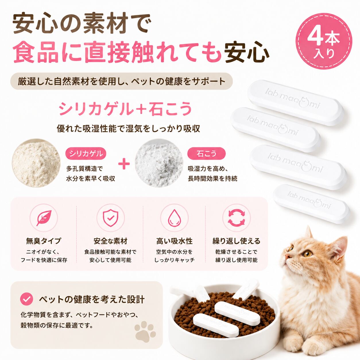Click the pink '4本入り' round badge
pos(324,41)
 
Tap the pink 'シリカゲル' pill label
pos(86,154)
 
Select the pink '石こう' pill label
pos(206,154)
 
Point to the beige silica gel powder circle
pos(36,163)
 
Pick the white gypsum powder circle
pos(159,163)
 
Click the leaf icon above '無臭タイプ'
pos(44,218)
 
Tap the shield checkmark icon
pos(111,218)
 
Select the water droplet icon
pos(174,218)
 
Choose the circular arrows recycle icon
pos(236,218)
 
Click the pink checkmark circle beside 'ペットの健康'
pos(26,299)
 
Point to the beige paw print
pos(145,332)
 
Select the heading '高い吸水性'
pos(174,241)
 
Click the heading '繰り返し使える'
pos(236,241)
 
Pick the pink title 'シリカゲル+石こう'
pos(125,109)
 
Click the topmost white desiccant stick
pos(296,102)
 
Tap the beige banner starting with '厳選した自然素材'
pos(121,81)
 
